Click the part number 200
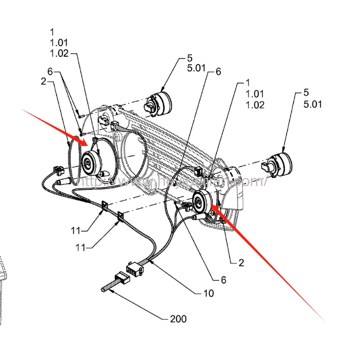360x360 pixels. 178,319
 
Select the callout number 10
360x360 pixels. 208,293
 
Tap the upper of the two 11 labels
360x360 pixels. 76,231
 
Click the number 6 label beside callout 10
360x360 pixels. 223,279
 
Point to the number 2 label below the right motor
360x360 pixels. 241,263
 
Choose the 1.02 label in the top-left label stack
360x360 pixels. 58,54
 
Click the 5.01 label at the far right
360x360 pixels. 312,104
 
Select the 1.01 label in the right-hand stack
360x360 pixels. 254,94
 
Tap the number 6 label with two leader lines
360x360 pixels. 50,72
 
